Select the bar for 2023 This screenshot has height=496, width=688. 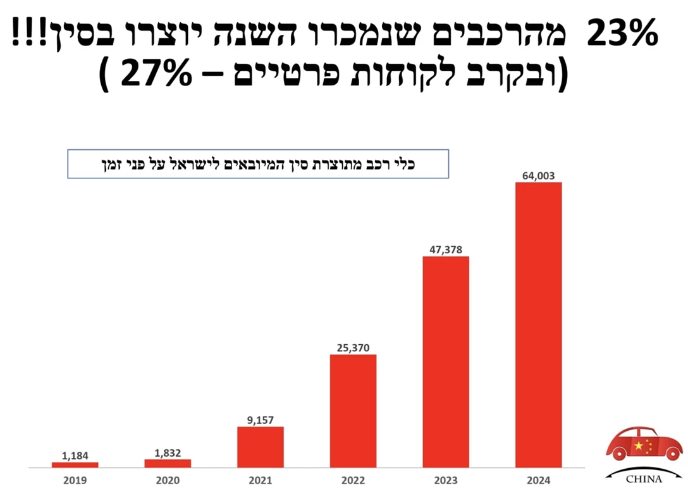[446, 362]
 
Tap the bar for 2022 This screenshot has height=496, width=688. [353, 411]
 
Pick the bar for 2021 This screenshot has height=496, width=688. [261, 447]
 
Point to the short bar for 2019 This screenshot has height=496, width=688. [75, 464]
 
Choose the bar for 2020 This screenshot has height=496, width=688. [168, 463]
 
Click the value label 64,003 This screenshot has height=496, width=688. [538, 176]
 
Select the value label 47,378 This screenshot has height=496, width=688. [446, 249]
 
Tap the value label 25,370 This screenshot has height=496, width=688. [353, 347]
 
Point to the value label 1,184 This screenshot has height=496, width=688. [75, 455]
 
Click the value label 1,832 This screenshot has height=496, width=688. [168, 452]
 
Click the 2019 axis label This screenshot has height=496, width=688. [75, 480]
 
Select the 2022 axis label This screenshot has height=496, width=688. [353, 480]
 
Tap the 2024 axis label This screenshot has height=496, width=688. [538, 480]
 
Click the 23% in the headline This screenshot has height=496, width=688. [622, 35]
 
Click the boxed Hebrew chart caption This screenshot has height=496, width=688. [258, 164]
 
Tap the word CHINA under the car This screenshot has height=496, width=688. [643, 479]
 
